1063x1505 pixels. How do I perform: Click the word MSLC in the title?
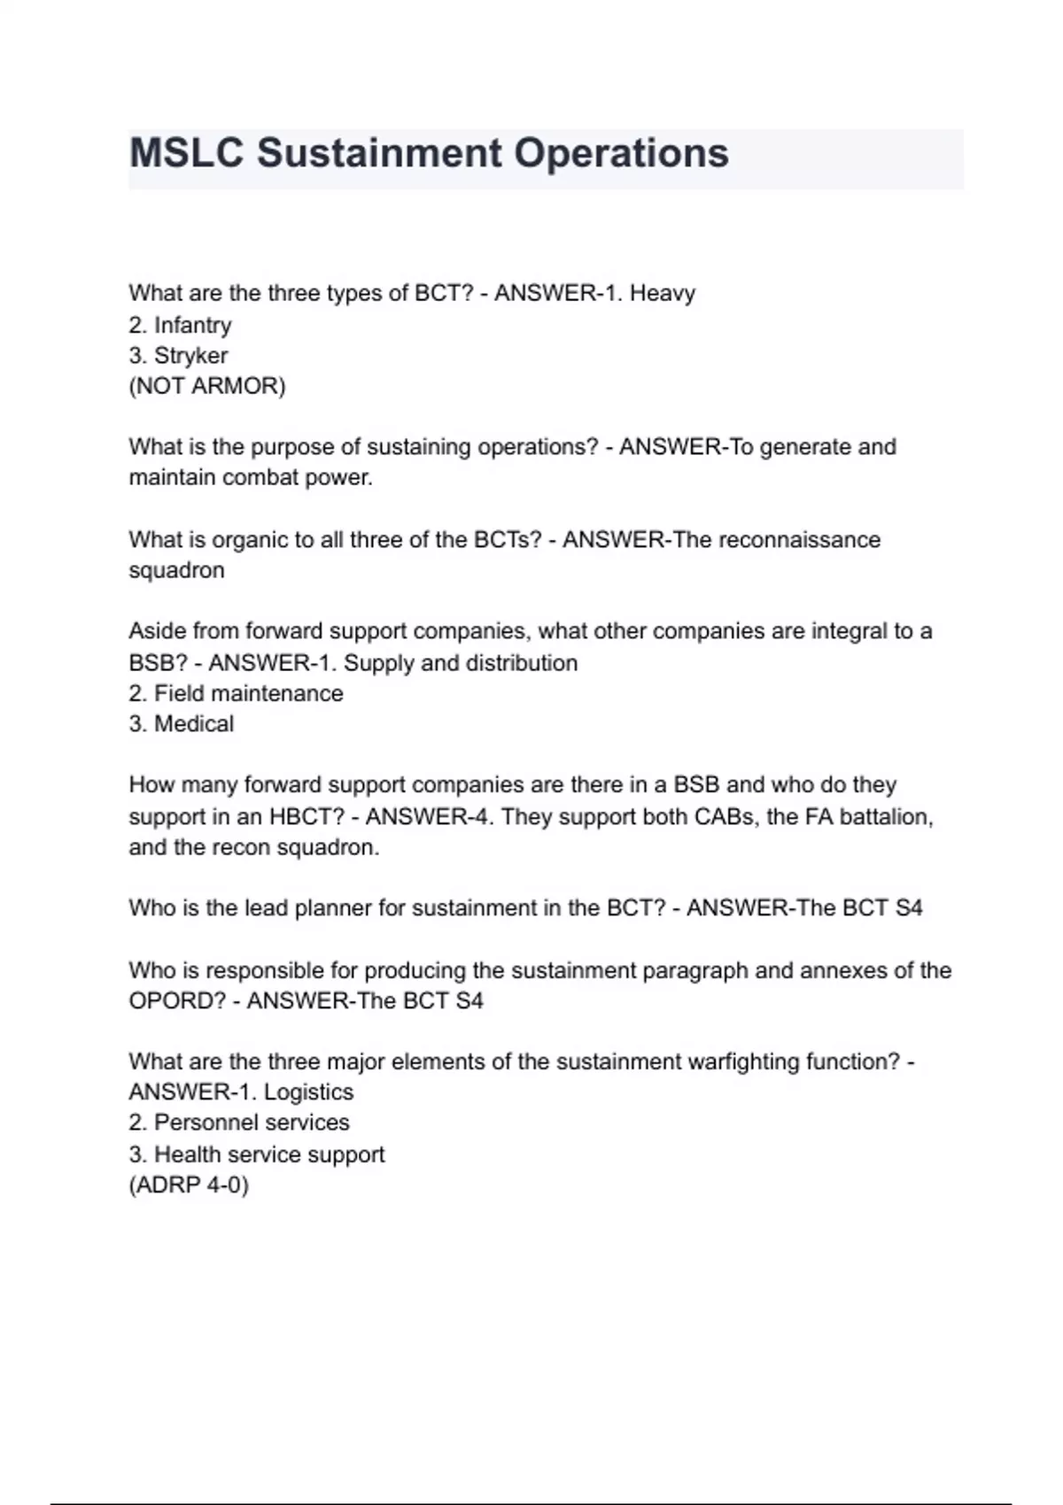[x=186, y=153]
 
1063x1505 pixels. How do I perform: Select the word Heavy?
[x=662, y=293]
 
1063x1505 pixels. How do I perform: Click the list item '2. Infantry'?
[x=180, y=325]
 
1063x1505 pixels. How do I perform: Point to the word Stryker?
[x=190, y=356]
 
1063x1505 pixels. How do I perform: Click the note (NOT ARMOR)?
[x=207, y=386]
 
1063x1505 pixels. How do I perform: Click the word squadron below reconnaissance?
[x=176, y=570]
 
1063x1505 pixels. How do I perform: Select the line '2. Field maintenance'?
[x=236, y=693]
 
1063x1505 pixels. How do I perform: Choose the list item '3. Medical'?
[x=182, y=724]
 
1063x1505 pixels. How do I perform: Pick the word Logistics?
[x=308, y=1092]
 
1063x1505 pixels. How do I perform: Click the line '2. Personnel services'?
[x=239, y=1123]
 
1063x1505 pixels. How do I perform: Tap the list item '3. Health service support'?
[x=257, y=1154]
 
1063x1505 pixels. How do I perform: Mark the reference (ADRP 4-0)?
[x=189, y=1185]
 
